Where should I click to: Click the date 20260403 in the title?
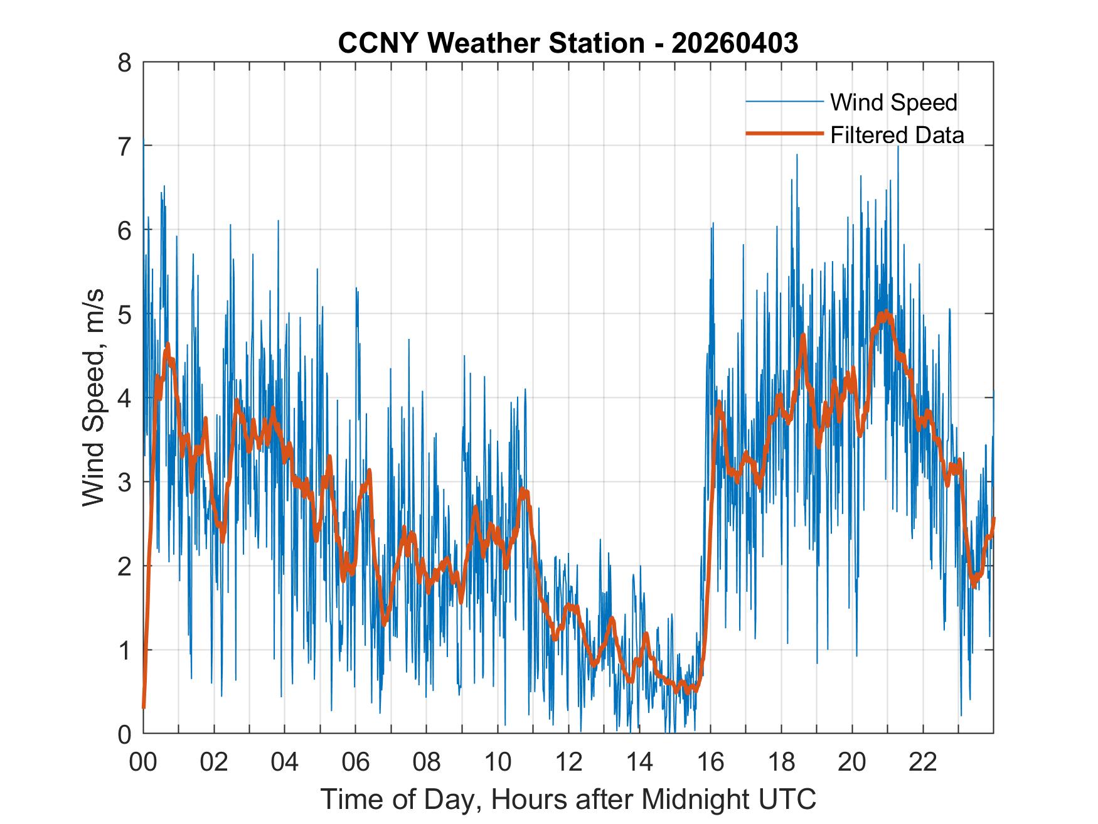735,43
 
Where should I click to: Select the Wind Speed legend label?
893,102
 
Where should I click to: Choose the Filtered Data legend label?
897,135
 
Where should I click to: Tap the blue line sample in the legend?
784,102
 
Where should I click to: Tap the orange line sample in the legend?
784,134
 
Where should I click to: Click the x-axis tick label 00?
143,763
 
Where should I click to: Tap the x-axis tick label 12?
568,763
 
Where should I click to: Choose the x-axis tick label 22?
923,763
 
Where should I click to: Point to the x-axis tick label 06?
356,763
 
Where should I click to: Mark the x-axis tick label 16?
710,763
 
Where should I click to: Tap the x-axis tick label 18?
781,763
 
